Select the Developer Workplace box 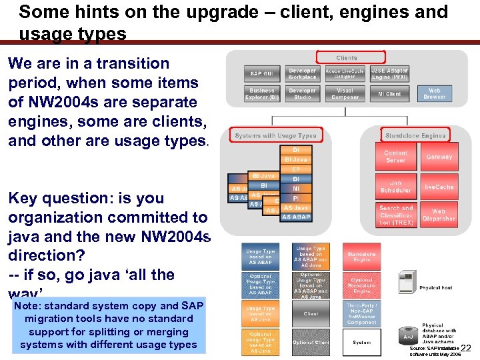[302, 73]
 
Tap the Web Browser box [434, 94]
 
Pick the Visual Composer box [345, 94]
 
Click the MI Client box [389, 94]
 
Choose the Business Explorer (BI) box [262, 94]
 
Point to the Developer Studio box [302, 94]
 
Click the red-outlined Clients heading [347, 58]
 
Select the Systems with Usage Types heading [275, 135]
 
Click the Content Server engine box [395, 157]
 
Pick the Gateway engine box [439, 157]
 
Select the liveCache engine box [439, 187]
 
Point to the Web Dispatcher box [439, 215]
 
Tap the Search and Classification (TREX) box [395, 215]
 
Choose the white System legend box [362, 342]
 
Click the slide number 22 [467, 348]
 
